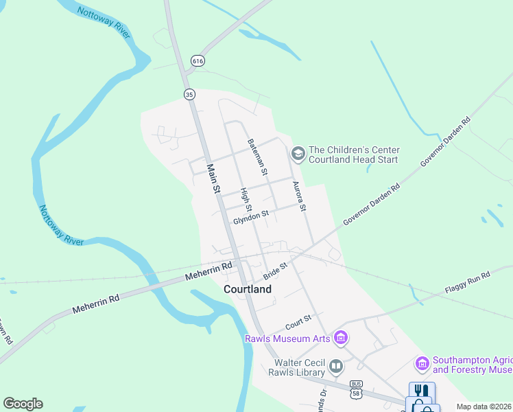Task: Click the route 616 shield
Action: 198,61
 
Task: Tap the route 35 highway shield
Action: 189,94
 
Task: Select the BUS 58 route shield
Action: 355,388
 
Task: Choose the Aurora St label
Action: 299,196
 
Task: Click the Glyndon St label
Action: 250,217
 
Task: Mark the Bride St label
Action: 275,269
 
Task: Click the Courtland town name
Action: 247,289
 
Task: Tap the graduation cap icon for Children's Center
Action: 298,152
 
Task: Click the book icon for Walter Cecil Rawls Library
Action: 335,366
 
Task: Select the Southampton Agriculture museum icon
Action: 422,362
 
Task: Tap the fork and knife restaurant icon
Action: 420,390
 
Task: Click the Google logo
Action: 23,404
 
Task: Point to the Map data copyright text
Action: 484,407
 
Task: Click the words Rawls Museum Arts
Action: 287,338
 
